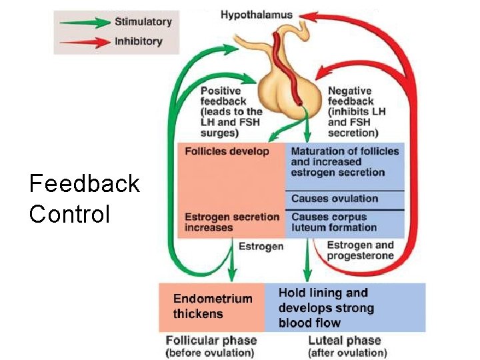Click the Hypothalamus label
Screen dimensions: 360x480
point(256,15)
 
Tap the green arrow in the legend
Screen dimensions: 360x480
point(83,23)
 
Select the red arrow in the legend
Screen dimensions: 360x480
point(83,42)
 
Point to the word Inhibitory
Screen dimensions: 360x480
point(138,41)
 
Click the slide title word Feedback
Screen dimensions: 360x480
point(84,183)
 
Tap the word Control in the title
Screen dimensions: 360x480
point(69,214)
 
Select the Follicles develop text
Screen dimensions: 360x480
point(227,151)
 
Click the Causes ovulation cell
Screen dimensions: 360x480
point(335,199)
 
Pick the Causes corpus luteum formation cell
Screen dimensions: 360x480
point(335,222)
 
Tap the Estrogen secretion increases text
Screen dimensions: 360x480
point(231,222)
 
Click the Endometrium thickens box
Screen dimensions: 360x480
point(212,306)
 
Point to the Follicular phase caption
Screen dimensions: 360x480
point(211,346)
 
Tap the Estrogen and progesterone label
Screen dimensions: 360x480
point(360,251)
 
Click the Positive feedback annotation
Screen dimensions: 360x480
point(231,112)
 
